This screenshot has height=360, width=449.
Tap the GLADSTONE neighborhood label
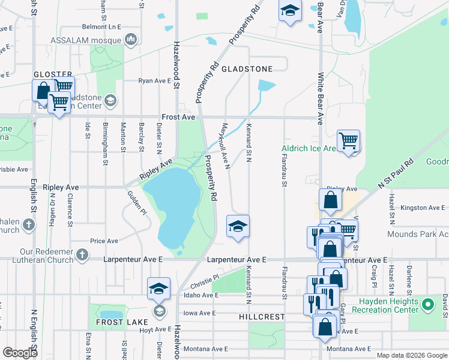point(247,69)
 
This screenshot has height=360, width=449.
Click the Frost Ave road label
point(178,118)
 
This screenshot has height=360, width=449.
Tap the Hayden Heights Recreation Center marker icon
point(427,305)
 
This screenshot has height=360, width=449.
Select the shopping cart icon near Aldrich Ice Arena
point(348,141)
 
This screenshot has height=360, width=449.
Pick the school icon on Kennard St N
point(238,226)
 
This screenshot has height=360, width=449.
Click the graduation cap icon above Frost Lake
point(158,289)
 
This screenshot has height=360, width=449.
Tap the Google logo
point(20,353)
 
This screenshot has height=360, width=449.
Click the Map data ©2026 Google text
point(411,355)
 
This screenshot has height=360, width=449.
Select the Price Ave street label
point(104,241)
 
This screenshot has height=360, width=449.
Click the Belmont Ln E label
point(101,27)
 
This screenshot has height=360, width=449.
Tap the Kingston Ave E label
point(424,208)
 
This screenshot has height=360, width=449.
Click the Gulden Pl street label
point(136,202)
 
